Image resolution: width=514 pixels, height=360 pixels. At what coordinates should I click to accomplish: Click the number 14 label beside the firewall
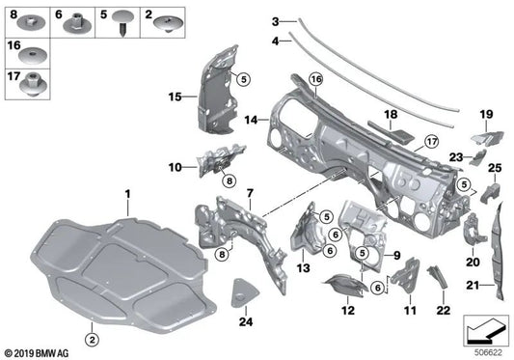(250, 121)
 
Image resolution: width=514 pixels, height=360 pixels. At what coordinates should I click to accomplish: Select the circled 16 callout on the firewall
(315, 78)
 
